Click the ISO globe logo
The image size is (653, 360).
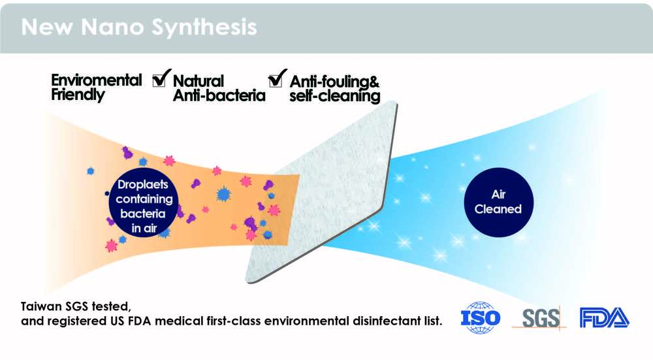click(480, 318)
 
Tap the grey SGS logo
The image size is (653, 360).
click(540, 319)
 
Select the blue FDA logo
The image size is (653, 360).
click(604, 318)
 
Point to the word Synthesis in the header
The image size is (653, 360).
click(204, 27)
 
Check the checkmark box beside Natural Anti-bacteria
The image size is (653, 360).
click(161, 78)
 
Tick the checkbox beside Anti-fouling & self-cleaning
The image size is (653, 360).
click(278, 78)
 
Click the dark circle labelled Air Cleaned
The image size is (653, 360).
click(498, 202)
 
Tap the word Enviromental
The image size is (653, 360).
click(96, 80)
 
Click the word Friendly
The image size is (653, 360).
click(78, 95)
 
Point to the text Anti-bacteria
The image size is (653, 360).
click(219, 95)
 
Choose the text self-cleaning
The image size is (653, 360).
click(335, 96)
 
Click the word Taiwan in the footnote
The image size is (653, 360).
click(41, 306)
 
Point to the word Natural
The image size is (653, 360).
click(199, 80)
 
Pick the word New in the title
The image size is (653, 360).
click(46, 27)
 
